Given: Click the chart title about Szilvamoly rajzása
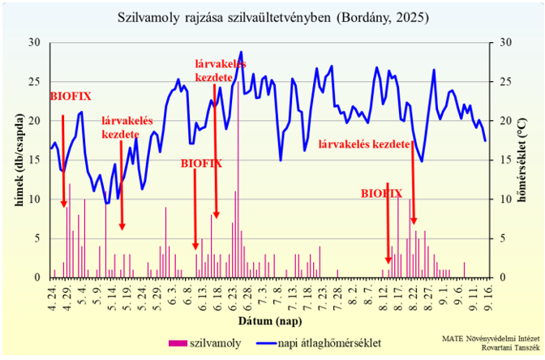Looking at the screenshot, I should [272, 16].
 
